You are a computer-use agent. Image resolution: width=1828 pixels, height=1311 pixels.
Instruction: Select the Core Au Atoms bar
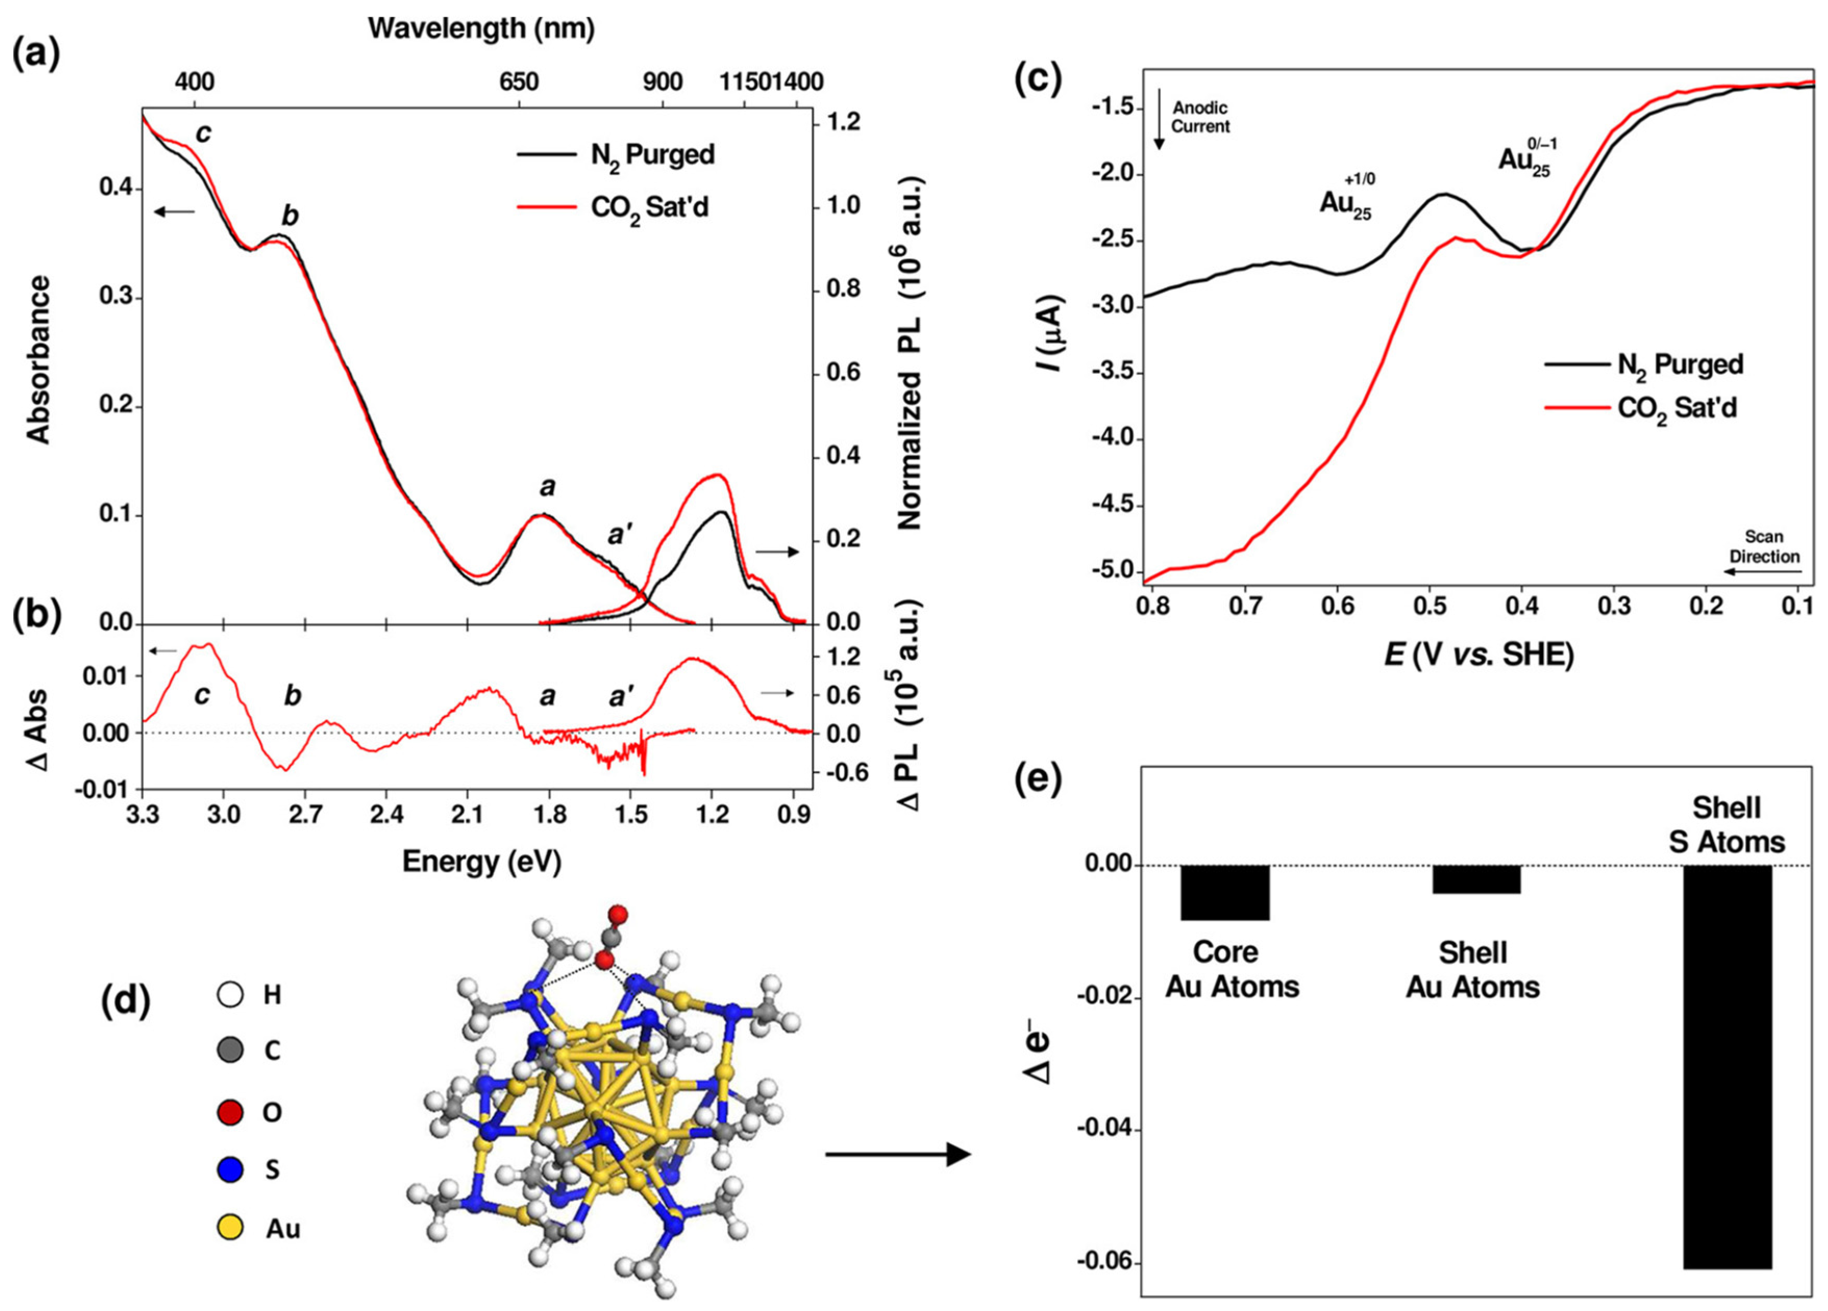(x=1225, y=892)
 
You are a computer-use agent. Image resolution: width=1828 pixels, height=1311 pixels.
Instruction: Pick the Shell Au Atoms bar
(x=1476, y=879)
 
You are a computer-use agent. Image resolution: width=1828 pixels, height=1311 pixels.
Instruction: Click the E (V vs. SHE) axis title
(x=1478, y=654)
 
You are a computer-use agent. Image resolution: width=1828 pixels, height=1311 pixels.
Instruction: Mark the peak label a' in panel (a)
(x=618, y=534)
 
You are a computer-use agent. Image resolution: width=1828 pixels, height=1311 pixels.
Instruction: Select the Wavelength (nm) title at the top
(x=481, y=28)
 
